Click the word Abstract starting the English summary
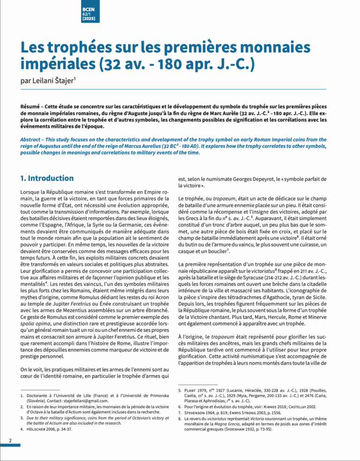tap(31, 140)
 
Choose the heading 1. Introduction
tap(47, 178)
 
